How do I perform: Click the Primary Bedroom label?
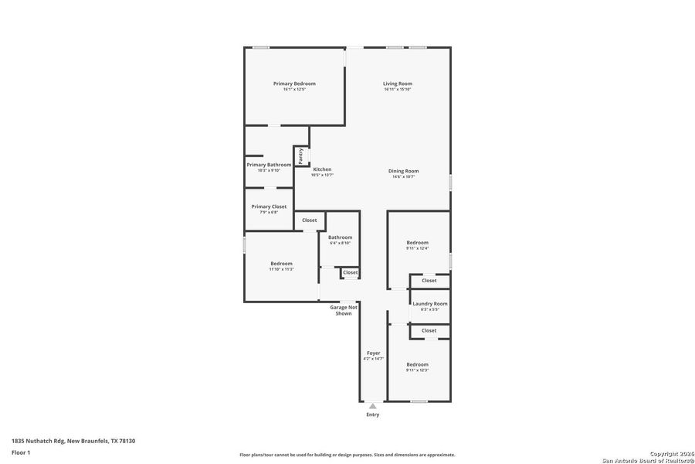point(294,84)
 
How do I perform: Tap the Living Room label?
point(398,84)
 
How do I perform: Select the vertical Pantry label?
point(301,155)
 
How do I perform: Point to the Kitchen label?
point(322,169)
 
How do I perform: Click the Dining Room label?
point(403,171)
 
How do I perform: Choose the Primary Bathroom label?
point(269,165)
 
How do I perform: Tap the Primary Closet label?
point(269,206)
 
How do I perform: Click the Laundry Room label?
point(429,304)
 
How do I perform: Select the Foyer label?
point(373,353)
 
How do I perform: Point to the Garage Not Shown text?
point(344,310)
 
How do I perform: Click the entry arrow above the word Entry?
point(373,404)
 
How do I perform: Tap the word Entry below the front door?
point(373,415)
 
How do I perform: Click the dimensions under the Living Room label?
point(398,90)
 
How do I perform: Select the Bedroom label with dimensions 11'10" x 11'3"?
point(281,264)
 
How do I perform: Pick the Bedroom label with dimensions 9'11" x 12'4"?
point(417,242)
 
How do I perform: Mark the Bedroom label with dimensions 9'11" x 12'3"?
point(417,364)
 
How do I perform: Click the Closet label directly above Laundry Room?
point(429,281)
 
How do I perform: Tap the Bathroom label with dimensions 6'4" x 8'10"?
point(340,237)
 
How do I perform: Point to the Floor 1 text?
point(21,452)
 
